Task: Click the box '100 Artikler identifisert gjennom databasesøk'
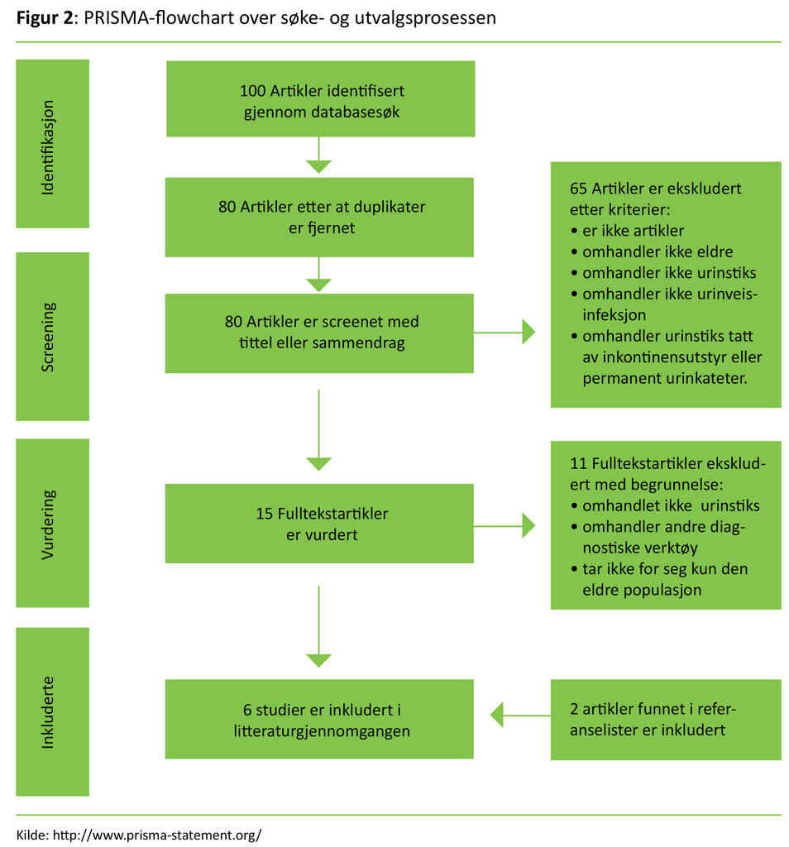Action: click(x=321, y=99)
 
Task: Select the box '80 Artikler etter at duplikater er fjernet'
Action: click(x=319, y=217)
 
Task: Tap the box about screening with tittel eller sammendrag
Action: click(x=319, y=333)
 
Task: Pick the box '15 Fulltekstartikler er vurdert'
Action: click(x=319, y=524)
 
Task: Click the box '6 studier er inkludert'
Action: click(x=319, y=720)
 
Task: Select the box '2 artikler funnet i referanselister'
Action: click(x=665, y=720)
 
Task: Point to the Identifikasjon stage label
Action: click(x=52, y=144)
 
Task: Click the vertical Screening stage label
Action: click(x=52, y=336)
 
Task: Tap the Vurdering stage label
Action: click(x=52, y=523)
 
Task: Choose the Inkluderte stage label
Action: click(x=52, y=711)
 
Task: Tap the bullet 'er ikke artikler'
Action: click(x=633, y=231)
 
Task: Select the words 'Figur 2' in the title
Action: click(x=43, y=18)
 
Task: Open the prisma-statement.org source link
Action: click(x=156, y=835)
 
